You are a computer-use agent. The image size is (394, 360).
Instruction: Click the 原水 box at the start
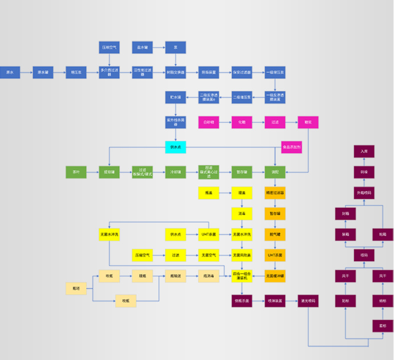pos(9,72)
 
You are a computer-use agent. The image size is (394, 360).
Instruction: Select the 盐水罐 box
pos(142,48)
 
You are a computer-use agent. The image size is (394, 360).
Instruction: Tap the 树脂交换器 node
pos(175,72)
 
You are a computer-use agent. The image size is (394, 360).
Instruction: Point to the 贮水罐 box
pos(175,97)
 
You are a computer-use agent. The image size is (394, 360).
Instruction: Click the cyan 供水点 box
pos(175,147)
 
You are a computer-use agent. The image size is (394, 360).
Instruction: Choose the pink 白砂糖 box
pos(208,122)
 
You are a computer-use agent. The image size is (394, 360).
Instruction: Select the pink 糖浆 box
pos(308,122)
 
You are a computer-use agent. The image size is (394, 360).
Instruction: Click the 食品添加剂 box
pos(291,147)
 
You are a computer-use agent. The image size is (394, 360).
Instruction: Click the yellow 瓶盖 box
pos(208,192)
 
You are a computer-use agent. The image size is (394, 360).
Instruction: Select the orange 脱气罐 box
pos(275,234)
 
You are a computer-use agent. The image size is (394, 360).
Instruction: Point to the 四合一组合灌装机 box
pos(242,276)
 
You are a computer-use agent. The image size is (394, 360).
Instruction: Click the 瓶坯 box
pos(76,288)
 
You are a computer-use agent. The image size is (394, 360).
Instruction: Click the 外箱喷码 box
pos(364,193)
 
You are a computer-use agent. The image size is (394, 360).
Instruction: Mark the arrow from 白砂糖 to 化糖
pos(225,122)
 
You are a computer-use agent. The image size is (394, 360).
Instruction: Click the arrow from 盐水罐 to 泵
pos(159,48)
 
